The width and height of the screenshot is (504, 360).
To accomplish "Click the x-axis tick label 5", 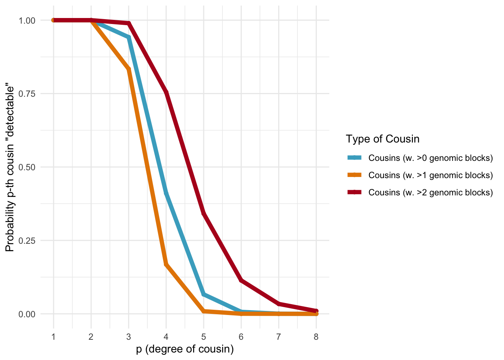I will point(204,337).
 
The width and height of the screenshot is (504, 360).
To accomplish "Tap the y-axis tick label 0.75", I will point(27,94).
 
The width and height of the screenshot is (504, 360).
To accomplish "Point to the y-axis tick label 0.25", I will point(27,241).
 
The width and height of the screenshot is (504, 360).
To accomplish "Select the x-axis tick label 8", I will point(316,337).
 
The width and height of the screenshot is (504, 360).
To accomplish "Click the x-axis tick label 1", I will point(54,337).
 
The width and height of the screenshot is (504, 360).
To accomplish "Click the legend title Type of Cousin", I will point(382,139).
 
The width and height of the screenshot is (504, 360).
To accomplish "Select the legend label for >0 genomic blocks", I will point(430,158).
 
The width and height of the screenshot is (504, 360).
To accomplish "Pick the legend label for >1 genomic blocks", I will point(430,175).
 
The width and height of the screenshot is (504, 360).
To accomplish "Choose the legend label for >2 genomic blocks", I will point(430,192).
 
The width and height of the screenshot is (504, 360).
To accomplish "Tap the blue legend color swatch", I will point(354,158).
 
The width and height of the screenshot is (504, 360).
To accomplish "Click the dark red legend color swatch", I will point(354,192).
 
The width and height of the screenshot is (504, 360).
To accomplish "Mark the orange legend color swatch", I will point(354,175).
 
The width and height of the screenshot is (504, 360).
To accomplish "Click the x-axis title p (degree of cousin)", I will point(185,349).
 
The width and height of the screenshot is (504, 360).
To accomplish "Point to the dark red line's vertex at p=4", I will point(166,93).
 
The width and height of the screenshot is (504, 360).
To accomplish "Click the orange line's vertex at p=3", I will point(129,69).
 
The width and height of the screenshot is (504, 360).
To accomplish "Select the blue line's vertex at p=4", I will point(166,193).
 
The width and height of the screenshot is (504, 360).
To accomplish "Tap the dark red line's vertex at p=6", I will point(241,280).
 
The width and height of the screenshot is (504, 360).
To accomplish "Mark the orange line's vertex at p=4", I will point(166,264).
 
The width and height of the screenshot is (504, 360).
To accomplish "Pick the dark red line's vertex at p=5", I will point(204,213).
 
